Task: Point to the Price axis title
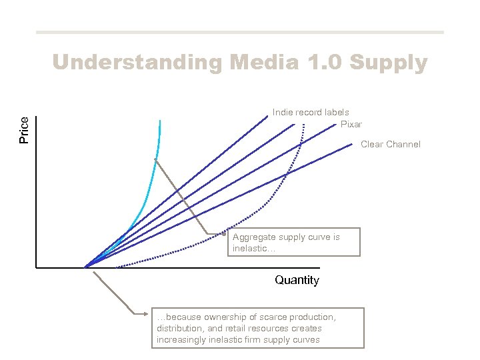pos(25,130)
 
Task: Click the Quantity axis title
pos(297,280)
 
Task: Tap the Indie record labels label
pos(311,112)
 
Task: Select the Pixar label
pos(351,124)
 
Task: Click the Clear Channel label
pos(391,144)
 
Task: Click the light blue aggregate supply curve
pos(154,167)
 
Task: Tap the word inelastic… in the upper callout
pos(254,249)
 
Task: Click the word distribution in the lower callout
pos(180,328)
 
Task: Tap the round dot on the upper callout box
pos(225,233)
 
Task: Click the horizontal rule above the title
pos(239,32)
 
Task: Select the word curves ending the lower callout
pos(305,339)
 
